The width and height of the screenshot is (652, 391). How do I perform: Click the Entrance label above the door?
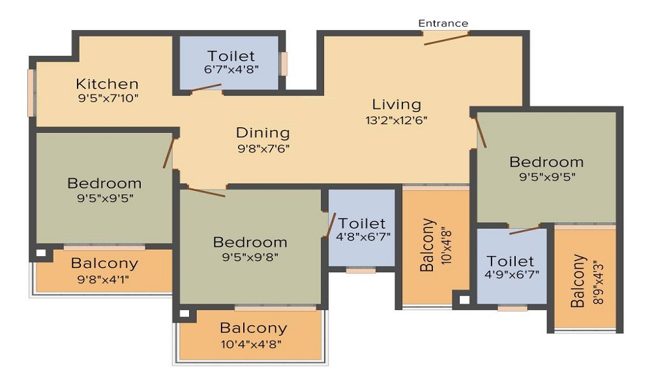click(443, 23)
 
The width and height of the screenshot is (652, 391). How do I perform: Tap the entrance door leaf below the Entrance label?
click(446, 40)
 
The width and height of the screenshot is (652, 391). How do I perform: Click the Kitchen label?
click(108, 84)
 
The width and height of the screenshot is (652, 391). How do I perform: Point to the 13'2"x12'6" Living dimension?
click(396, 121)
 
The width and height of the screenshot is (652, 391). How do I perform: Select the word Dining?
click(263, 133)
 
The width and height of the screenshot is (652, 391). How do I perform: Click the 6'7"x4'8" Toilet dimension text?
click(231, 69)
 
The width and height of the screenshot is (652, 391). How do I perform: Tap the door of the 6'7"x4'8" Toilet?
click(206, 88)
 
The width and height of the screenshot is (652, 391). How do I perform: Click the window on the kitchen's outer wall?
click(31, 93)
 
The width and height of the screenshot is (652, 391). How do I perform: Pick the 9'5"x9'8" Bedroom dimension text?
click(250, 257)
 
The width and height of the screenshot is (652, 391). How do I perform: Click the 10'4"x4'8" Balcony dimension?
click(252, 345)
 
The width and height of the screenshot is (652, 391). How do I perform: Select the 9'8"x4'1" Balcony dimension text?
click(103, 279)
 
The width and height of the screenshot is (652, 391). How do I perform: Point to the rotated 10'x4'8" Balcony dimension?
click(446, 246)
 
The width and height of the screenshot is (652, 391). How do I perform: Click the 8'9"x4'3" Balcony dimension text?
click(598, 283)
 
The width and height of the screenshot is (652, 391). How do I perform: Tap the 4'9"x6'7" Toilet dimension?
click(512, 274)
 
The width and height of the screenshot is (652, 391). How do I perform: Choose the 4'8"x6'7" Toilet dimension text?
click(363, 237)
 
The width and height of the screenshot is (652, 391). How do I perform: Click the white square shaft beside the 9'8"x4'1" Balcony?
click(40, 253)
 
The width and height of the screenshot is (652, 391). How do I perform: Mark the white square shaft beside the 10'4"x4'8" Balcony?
click(185, 313)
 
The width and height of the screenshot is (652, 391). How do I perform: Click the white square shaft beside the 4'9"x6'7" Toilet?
click(464, 300)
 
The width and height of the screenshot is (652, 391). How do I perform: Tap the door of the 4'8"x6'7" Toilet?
click(331, 225)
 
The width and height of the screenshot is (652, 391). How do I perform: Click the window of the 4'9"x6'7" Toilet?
click(512, 308)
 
